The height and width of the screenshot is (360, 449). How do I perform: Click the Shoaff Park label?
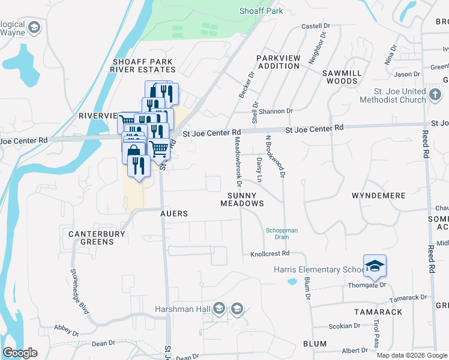point(261,11)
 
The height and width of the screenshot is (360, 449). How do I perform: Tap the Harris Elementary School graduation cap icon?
point(375,266)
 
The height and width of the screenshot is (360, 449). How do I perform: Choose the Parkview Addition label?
point(277,62)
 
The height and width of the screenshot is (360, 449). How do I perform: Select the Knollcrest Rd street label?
point(270,254)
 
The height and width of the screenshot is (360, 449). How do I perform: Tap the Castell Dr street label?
point(316,26)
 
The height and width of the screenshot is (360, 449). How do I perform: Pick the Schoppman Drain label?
point(282,233)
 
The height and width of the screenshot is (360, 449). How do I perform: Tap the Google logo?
point(20,353)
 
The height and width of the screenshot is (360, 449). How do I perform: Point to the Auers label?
point(174,214)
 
